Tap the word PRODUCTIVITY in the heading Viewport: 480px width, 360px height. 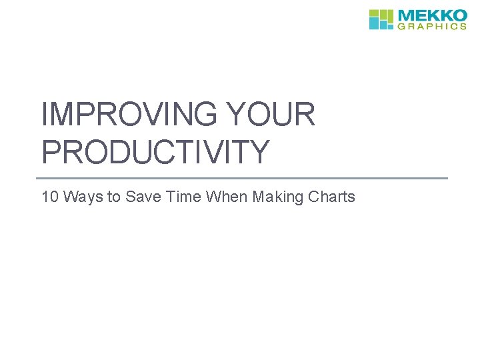tap(155, 151)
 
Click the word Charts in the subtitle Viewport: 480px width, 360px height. tap(331, 197)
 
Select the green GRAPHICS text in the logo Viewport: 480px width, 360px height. tap(433, 27)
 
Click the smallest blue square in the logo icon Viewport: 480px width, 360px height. tap(390, 26)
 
